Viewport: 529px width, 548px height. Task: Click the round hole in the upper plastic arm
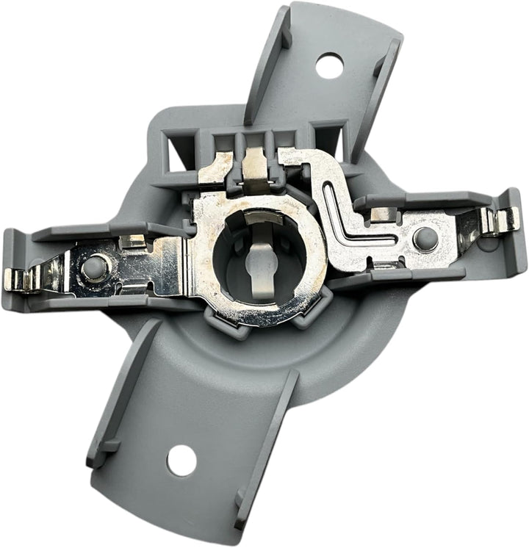click(x=330, y=65)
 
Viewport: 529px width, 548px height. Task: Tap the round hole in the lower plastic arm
click(x=181, y=461)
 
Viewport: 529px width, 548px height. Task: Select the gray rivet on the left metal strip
click(x=93, y=267)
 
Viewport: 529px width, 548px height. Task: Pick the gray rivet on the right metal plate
click(x=424, y=238)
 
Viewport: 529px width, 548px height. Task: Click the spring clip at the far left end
click(x=22, y=279)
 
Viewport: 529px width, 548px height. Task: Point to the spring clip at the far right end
click(x=500, y=219)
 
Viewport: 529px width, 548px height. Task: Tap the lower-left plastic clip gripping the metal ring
click(x=215, y=318)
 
